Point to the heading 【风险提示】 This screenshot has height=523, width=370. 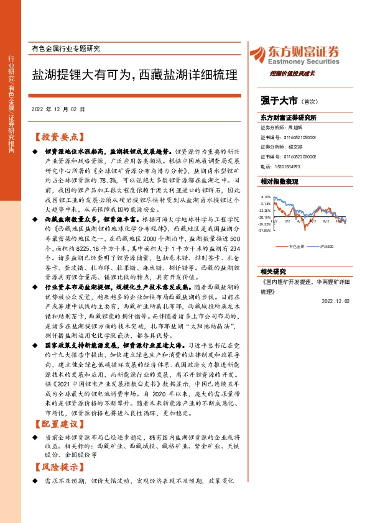tap(57, 464)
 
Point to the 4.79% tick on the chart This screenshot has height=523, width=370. tap(266, 196)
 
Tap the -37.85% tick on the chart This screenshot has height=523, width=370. tap(266, 230)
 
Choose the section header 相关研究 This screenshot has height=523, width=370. tap(273, 271)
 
